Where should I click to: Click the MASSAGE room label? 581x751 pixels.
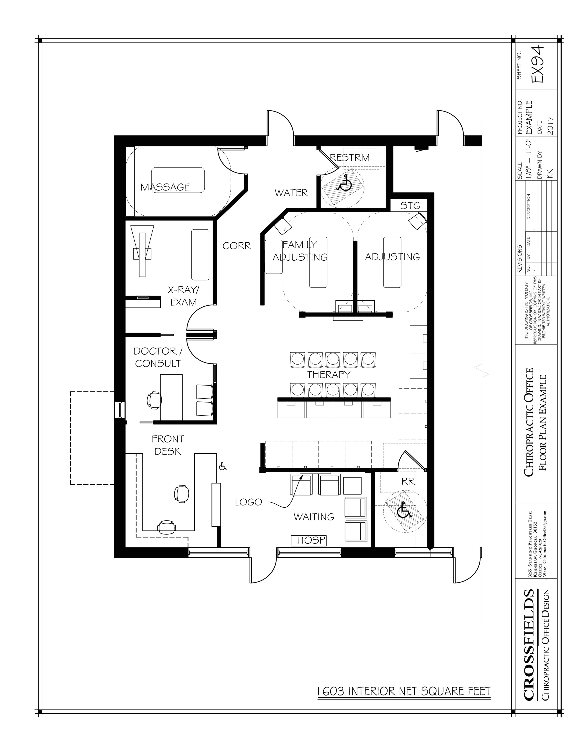click(165, 187)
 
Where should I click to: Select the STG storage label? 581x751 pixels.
click(410, 206)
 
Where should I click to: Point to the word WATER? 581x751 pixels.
click(291, 193)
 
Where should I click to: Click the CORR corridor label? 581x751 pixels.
click(237, 246)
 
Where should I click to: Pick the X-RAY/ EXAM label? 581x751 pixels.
click(183, 296)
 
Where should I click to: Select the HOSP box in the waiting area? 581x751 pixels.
click(308, 540)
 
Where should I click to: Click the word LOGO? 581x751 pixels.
click(249, 502)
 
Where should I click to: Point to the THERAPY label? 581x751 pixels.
click(328, 374)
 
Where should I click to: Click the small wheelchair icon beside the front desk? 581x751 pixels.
click(223, 467)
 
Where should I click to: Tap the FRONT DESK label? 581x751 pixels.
click(168, 445)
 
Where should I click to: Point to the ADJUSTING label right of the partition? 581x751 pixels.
click(392, 257)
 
